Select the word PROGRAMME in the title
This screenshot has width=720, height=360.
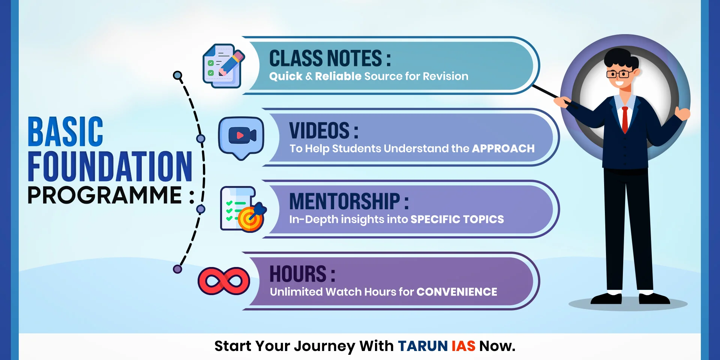pyautogui.click(x=105, y=195)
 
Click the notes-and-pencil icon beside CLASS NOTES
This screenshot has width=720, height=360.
pyautogui.click(x=223, y=66)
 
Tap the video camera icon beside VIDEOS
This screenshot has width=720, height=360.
pyautogui.click(x=241, y=136)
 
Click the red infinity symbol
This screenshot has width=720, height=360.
pyautogui.click(x=224, y=281)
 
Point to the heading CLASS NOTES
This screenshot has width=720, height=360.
pyautogui.click(x=325, y=58)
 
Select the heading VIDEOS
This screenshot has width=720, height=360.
pyautogui.click(x=319, y=130)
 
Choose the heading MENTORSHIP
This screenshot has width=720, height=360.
pyautogui.click(x=345, y=201)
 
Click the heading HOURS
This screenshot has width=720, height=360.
pyautogui.click(x=298, y=274)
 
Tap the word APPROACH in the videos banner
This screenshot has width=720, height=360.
pyautogui.click(x=503, y=148)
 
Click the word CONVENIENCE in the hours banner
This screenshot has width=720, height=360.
pyautogui.click(x=456, y=292)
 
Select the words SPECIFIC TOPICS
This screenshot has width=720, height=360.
pyautogui.click(x=457, y=219)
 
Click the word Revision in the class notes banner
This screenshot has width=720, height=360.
pyautogui.click(x=445, y=76)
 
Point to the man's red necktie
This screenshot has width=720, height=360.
pyautogui.click(x=625, y=119)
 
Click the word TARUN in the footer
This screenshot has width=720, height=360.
pyautogui.click(x=423, y=346)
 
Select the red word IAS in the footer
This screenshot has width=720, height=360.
pyautogui.click(x=463, y=346)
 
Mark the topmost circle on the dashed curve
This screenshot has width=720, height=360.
pyautogui.click(x=178, y=76)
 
